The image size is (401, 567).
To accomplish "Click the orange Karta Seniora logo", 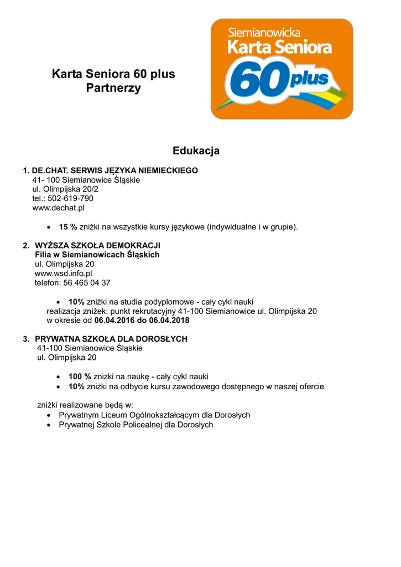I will coord(282,69).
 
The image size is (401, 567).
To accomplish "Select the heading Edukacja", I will coord(196,151).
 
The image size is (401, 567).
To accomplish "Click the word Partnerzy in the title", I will coord(113,88).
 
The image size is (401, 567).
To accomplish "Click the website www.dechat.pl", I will coord(58,208).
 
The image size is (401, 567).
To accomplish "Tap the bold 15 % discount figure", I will coord(68,226).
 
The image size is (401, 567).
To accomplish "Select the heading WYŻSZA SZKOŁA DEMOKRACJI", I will coord(97,245).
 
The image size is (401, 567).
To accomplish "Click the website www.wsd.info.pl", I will coord(63,274).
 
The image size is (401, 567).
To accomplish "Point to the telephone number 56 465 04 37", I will coord(88,283).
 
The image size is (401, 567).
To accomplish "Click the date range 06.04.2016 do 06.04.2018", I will coord(142,321).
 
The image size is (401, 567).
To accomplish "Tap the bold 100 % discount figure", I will coord(80,377).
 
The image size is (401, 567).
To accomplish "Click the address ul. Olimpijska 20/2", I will coord(65,189).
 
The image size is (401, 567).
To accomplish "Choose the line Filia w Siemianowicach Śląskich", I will coord(97,255).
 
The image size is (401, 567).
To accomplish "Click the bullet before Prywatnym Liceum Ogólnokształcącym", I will coord(50,415).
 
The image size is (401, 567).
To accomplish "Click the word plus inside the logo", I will coord(309,80).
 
